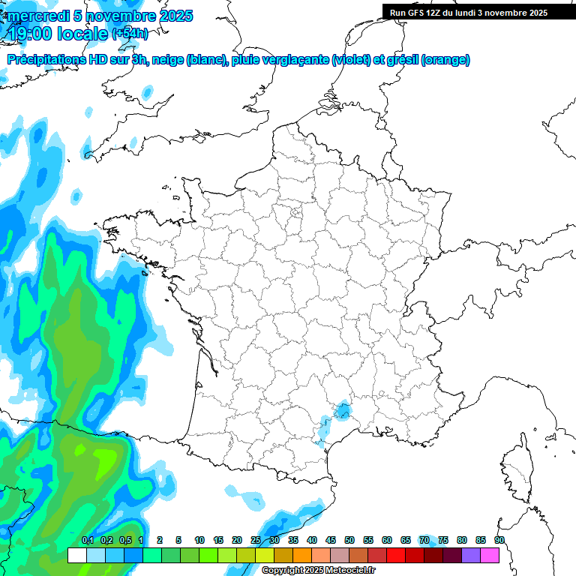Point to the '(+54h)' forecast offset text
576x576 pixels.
[x=129, y=34]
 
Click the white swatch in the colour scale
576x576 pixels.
[x=76, y=556]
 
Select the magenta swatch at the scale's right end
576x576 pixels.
[x=490, y=556]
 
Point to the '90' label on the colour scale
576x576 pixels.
[x=499, y=540]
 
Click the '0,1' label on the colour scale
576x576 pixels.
[x=88, y=540]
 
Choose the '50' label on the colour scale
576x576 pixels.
[x=349, y=540]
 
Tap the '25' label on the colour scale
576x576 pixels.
[x=256, y=540]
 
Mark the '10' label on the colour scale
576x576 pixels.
[x=199, y=540]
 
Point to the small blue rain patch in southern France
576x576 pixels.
[x=343, y=410]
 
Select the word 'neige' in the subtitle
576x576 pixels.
[x=168, y=60]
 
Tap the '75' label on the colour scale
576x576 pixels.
[x=443, y=540]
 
